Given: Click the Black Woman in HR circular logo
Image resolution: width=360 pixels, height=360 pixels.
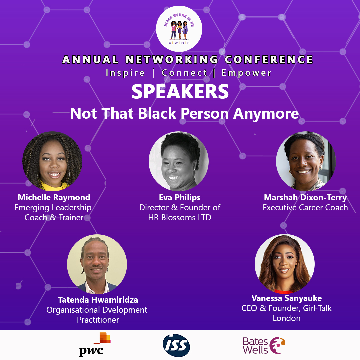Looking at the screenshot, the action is (x=179, y=29).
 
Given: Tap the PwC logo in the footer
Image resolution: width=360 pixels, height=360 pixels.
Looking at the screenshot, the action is (x=95, y=344).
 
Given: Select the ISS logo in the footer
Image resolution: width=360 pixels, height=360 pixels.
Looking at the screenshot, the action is (x=176, y=345).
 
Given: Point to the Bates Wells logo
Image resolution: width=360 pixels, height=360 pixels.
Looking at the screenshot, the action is (x=264, y=345).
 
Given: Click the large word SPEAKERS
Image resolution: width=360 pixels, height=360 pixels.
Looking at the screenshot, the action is (x=180, y=91).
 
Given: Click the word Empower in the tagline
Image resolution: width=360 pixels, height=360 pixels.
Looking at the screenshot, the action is (x=247, y=73).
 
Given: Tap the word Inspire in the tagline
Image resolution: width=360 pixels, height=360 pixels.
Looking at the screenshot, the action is (x=125, y=73).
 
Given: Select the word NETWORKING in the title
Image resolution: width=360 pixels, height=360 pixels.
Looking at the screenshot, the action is (x=172, y=59).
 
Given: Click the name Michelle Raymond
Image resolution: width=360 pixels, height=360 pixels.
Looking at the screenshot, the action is (x=54, y=197).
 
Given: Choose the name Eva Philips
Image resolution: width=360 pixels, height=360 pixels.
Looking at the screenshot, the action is (x=180, y=197).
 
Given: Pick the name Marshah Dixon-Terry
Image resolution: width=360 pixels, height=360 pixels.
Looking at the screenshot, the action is (x=305, y=197).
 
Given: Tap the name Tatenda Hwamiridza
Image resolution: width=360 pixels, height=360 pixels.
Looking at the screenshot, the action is (x=98, y=300).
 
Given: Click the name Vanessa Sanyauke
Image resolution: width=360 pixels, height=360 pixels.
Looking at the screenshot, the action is (x=287, y=298).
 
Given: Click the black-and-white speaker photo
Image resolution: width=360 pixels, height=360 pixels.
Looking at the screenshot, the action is (x=179, y=161).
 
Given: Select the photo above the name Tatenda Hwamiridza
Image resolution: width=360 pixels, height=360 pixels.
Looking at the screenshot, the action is (x=97, y=264).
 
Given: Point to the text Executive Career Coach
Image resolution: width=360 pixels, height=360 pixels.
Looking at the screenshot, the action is (x=305, y=208).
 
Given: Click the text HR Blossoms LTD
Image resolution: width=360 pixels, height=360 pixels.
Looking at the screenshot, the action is (x=180, y=217).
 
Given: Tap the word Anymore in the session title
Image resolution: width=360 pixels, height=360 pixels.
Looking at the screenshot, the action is (x=266, y=114).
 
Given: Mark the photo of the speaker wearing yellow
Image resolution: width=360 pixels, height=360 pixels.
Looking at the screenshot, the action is (x=52, y=161).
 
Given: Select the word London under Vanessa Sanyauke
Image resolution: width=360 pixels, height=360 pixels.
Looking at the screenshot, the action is (x=287, y=318).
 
